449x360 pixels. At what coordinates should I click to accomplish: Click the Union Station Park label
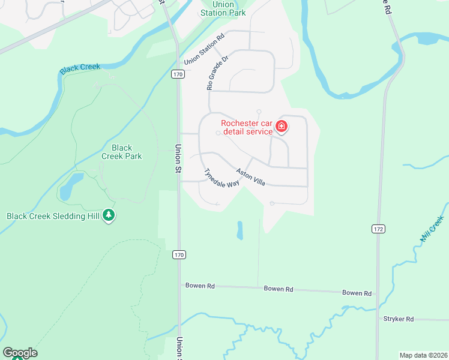pos(223,8)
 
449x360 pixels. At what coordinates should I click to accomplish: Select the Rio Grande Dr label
pos(217,73)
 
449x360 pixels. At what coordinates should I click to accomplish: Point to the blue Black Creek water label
pos(80,68)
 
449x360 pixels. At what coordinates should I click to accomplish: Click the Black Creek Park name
pos(122,152)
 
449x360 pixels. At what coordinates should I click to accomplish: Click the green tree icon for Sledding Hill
pos(109,215)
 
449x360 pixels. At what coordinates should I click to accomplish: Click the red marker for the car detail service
pos(282,127)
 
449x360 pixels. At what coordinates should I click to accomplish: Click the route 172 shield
pos(378,229)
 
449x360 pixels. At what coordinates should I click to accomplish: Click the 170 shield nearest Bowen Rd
pos(179,255)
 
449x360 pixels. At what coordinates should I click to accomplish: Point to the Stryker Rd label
pos(399,319)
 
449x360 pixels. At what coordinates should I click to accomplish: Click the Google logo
pos(20,353)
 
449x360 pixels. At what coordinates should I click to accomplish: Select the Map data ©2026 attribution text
pos(423,355)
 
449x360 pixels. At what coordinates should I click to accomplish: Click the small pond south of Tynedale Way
pos(240,230)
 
